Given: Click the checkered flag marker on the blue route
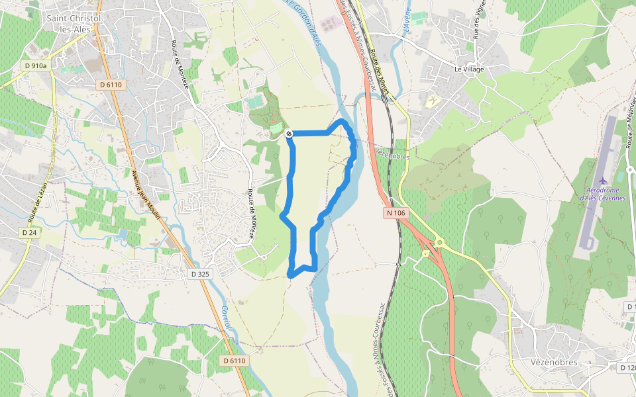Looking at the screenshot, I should click(290, 134).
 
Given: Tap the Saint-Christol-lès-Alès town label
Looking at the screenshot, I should click(74, 23).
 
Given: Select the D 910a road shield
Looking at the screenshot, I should click(36, 66).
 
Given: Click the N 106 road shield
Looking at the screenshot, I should click(394, 213).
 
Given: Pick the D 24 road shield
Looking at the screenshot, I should click(28, 233).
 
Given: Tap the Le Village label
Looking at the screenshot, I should click(469, 69).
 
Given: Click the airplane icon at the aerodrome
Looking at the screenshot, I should click(602, 181).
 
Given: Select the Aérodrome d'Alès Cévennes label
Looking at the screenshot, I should click(602, 193).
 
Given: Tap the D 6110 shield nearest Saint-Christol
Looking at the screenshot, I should click(110, 85).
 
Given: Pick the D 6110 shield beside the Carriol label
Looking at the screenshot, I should click(234, 361).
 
